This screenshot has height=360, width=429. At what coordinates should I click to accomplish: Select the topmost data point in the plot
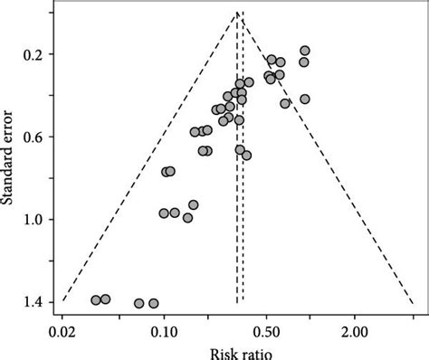click(x=305, y=51)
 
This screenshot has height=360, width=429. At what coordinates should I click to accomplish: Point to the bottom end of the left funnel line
click(x=62, y=301)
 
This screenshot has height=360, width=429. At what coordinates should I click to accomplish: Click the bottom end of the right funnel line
click(x=414, y=301)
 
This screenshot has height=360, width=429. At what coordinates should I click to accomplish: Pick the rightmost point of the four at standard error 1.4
click(x=153, y=303)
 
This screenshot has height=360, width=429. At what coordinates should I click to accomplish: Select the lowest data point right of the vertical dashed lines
click(x=246, y=156)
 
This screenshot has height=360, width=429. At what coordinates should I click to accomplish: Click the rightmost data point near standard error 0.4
click(x=305, y=99)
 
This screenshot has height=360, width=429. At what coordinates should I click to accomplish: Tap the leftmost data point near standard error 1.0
click(x=164, y=213)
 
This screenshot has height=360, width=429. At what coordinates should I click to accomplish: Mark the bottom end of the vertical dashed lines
click(x=240, y=302)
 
